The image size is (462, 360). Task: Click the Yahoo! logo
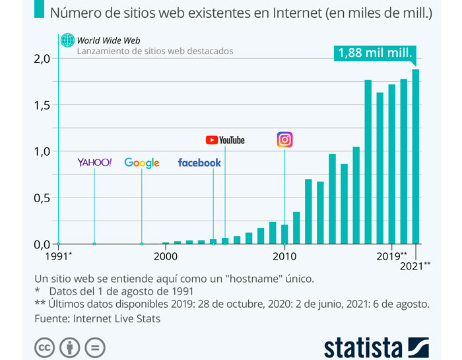coord(94,162)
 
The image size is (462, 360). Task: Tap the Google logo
coord(142,162)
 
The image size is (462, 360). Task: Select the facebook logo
coord(199,162)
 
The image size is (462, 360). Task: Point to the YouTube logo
coord(225,140)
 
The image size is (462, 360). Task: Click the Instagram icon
coord(284,140)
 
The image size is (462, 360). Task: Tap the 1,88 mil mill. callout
coord(376,53)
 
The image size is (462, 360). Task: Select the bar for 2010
coord(284,234)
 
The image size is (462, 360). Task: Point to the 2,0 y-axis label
coord(42,59)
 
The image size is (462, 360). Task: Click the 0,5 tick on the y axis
coord(42,198)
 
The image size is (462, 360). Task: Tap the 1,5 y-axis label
coord(42,105)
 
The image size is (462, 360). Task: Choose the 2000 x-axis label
coord(166,256)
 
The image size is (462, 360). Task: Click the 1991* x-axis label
coord(59,256)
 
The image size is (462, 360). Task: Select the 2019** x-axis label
coord(392,256)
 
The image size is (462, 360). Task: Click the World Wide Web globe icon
coord(67,41)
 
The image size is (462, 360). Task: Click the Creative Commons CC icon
coord(44,347)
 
